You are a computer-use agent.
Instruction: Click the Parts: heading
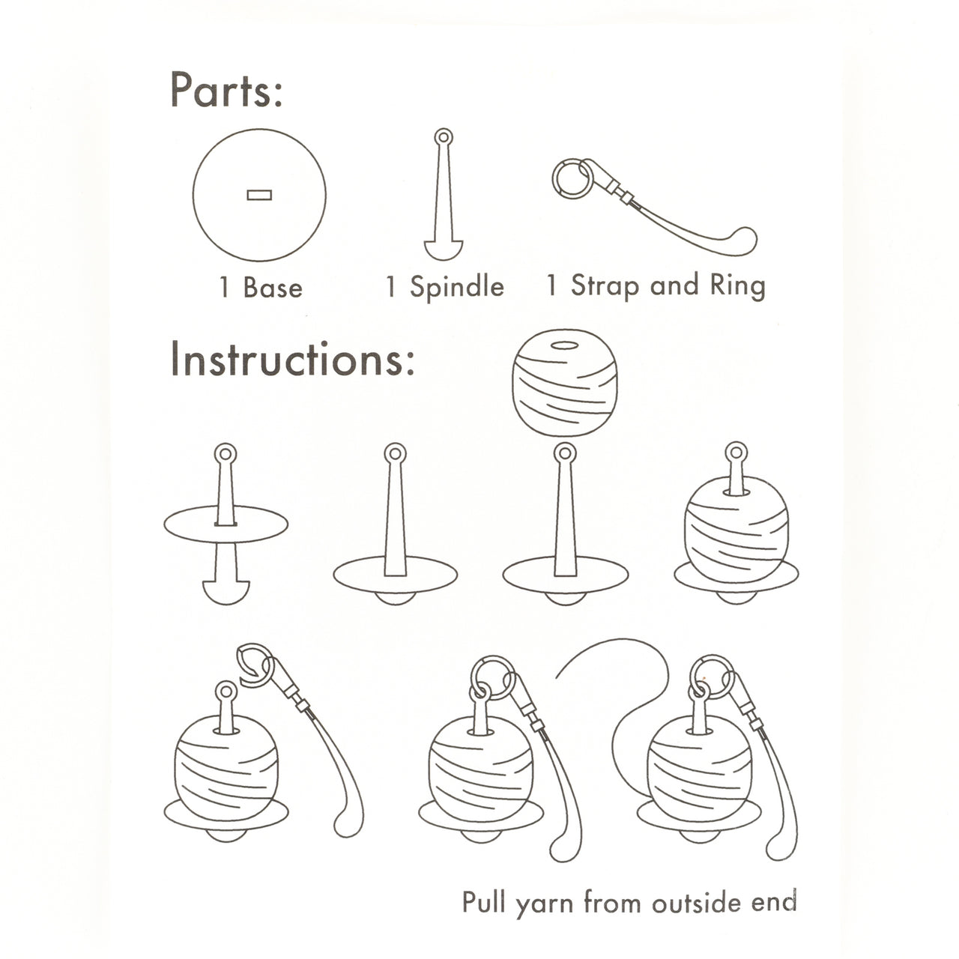226,90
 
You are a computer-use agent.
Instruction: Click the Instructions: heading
292,359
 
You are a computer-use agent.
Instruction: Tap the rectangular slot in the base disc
259,195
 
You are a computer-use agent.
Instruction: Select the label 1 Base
261,288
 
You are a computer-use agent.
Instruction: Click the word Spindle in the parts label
457,288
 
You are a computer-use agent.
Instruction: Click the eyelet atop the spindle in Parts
444,137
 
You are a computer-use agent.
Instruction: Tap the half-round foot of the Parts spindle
444,250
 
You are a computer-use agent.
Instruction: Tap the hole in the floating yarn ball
564,345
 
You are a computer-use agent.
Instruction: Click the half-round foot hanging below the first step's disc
226,591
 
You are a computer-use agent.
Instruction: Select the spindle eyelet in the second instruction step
395,454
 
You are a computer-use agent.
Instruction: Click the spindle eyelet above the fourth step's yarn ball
736,453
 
